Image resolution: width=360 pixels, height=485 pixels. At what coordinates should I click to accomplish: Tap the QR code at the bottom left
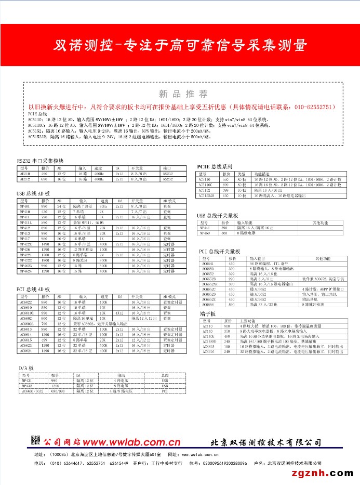pos(35,440)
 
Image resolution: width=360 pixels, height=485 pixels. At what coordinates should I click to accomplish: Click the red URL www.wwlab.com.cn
pos(131,442)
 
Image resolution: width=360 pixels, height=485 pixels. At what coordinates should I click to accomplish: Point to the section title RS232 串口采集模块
pos(41,162)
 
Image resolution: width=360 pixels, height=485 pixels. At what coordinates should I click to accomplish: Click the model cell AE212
pos(25,178)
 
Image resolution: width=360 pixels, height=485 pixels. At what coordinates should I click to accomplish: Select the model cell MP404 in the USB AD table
pos(25,207)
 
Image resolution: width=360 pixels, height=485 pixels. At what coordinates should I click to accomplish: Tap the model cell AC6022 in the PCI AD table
pos(26,302)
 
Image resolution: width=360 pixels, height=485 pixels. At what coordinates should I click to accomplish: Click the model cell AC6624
pos(26,351)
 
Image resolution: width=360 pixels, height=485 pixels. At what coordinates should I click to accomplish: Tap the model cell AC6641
pos(208,264)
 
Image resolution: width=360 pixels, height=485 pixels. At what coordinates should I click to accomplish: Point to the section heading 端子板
pos(207,314)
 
